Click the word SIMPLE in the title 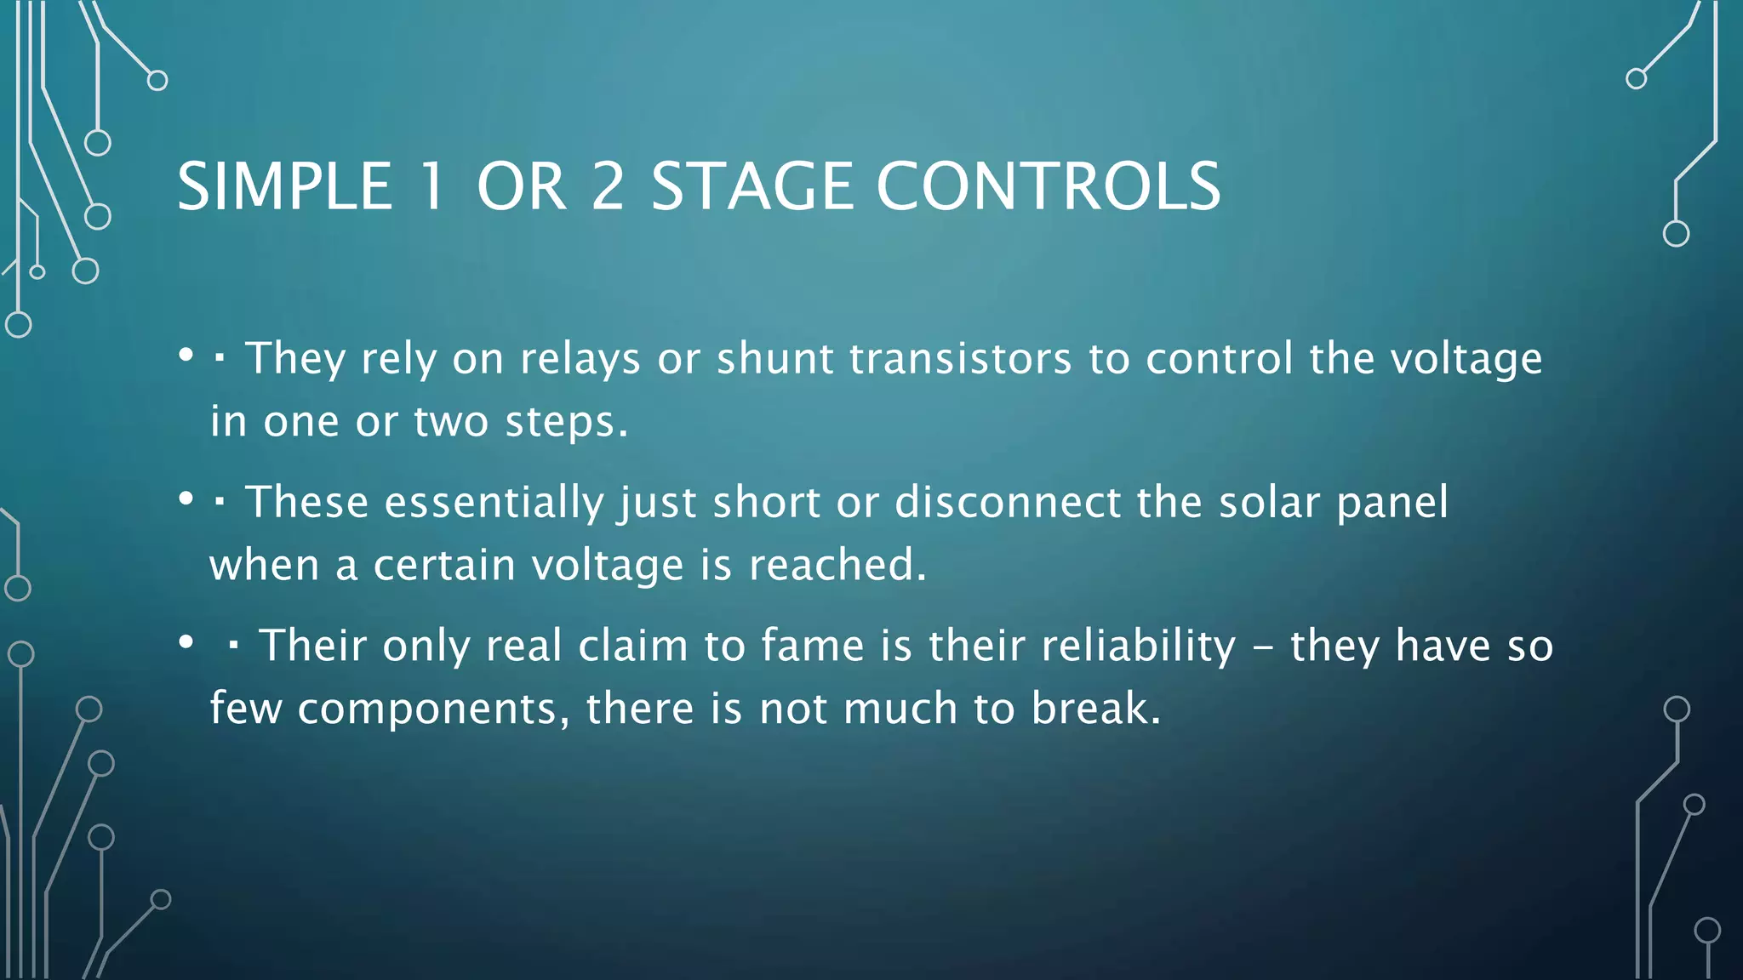284,186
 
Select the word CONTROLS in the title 1049,186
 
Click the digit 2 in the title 608,186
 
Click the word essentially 494,502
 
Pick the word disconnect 1007,502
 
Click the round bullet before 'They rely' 186,356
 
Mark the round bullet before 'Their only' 186,643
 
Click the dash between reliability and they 1263,647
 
